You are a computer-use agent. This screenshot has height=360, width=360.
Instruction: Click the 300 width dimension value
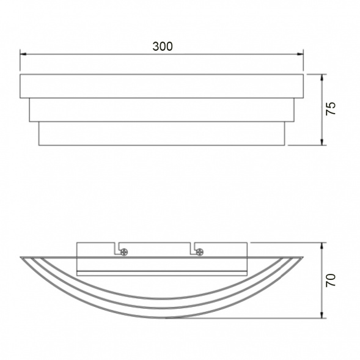pos(163,46)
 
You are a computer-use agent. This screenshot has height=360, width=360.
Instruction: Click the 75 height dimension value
pos(331,109)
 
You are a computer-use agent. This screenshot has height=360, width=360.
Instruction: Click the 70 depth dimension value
pos(331,281)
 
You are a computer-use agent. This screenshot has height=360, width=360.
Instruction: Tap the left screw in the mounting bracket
pos(124,251)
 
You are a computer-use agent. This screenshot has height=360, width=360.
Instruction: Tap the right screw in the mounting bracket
pos(199,251)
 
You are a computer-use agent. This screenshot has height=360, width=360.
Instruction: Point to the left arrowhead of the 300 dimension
pos(23,54)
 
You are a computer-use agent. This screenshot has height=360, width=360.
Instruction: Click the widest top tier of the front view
pos(162,86)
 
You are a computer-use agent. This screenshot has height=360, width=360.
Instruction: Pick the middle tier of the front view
pos(162,109)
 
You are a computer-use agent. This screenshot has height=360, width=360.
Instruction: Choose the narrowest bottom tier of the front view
pos(162,133)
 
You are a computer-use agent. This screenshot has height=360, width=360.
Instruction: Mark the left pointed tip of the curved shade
pos(21,257)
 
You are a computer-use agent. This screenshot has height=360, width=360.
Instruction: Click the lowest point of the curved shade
pos(162,317)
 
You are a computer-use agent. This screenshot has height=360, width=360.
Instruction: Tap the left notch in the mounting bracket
pos(115,248)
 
